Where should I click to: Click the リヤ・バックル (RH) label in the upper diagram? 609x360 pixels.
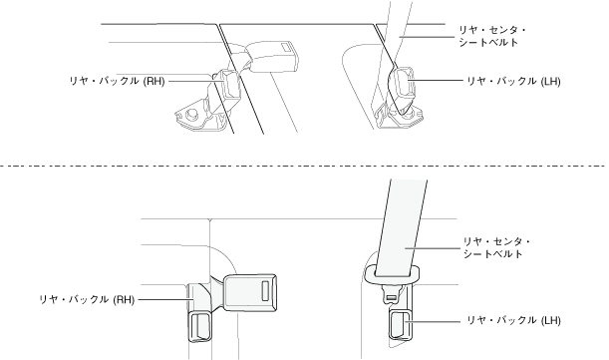(x=117, y=81)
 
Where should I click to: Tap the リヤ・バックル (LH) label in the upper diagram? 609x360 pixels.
(x=513, y=81)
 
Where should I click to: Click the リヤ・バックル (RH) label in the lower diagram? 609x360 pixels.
(x=87, y=300)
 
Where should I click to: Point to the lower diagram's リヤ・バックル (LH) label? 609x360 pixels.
(x=513, y=320)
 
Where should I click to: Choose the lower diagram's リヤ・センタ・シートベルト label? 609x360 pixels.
(x=496, y=247)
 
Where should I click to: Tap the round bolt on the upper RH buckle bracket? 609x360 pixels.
(x=190, y=114)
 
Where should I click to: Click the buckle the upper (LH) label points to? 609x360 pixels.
(x=404, y=83)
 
